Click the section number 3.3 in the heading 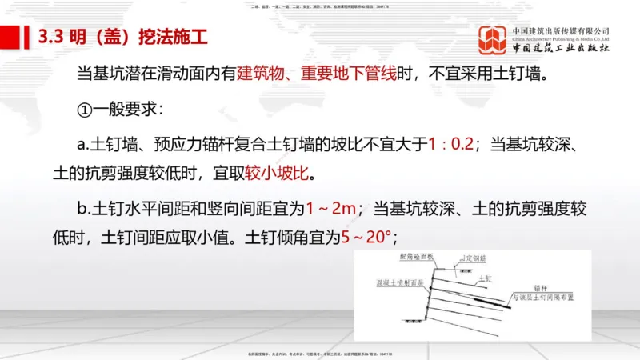coord(50,37)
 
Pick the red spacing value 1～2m coord(331,210)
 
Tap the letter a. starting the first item coord(85,145)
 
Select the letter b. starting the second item coord(85,210)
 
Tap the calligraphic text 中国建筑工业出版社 coord(561,48)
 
